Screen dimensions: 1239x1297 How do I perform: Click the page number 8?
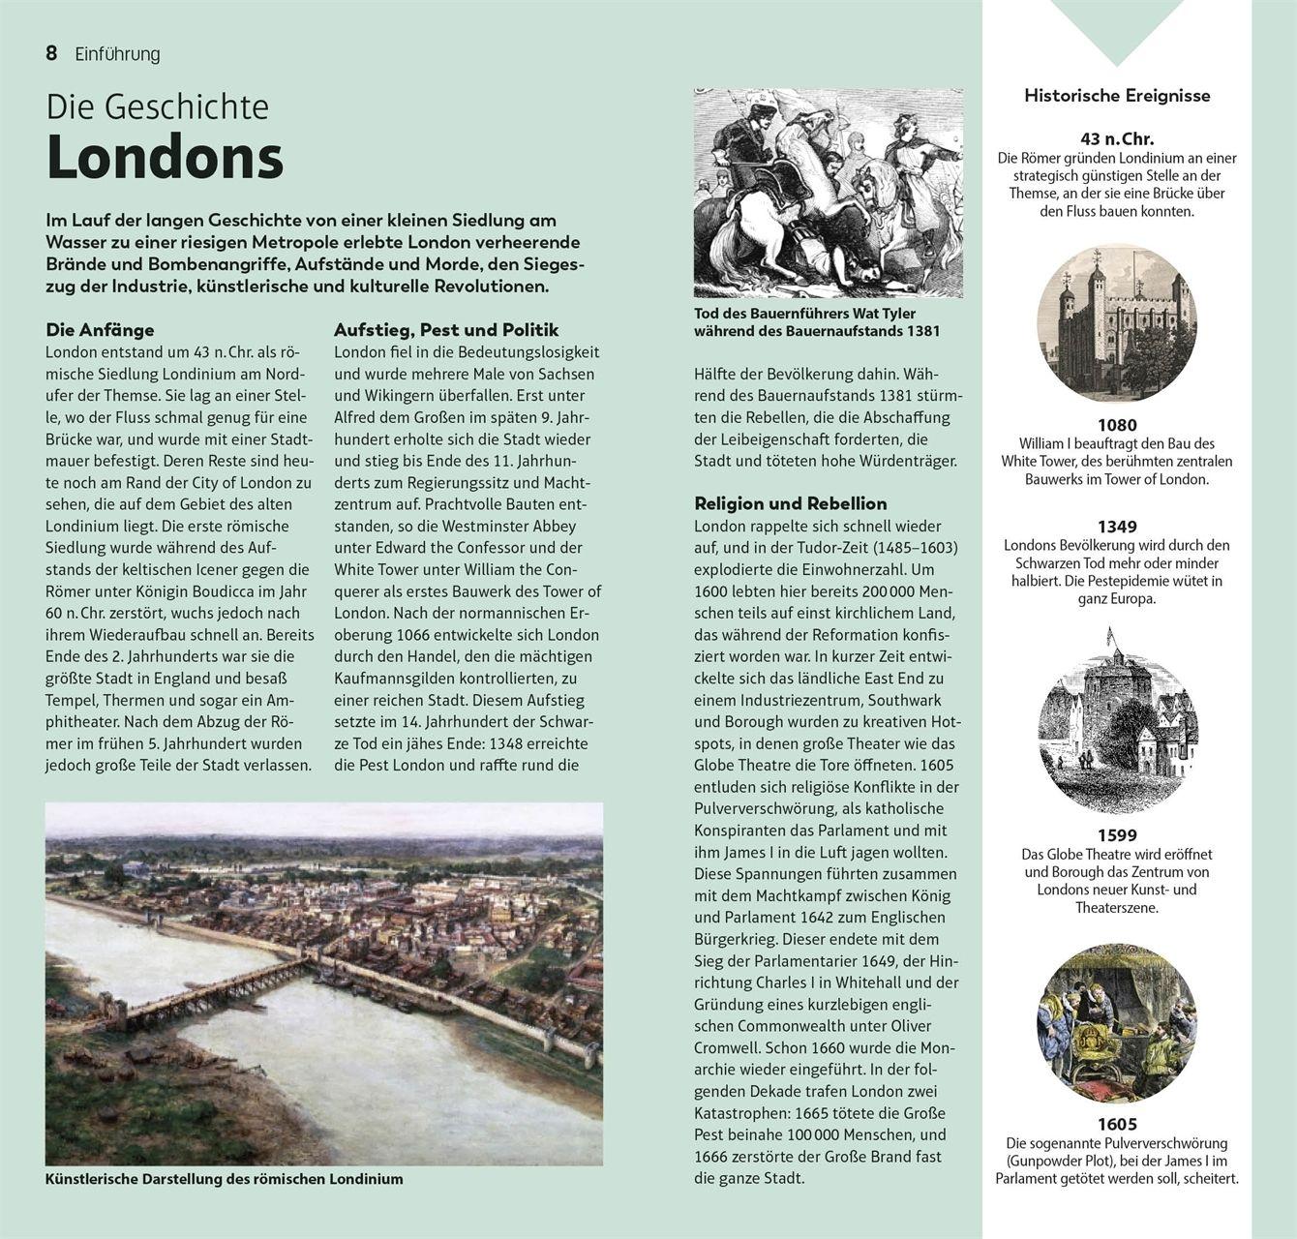(x=51, y=54)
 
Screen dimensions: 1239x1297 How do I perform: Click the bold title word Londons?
(x=165, y=158)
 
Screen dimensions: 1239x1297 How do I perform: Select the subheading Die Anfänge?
(x=100, y=330)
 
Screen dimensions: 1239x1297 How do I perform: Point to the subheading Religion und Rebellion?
(x=790, y=503)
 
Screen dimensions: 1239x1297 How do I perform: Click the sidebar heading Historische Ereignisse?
(x=1117, y=96)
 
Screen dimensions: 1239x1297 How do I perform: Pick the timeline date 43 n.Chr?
(x=1117, y=138)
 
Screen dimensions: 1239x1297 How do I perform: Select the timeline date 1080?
(x=1117, y=425)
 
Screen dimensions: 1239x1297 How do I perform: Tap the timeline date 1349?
(x=1117, y=527)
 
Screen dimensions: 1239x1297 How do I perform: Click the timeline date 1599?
(x=1117, y=835)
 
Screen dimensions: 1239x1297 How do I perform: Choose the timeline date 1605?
(x=1117, y=1124)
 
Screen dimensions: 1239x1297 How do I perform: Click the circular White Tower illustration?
(x=1116, y=321)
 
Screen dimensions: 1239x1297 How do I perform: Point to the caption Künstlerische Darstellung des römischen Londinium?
(x=224, y=1179)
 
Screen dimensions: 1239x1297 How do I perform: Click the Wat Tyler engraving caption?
(x=816, y=322)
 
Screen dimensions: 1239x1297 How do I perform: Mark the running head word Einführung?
(x=117, y=54)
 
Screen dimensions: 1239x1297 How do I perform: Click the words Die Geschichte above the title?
(x=158, y=106)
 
